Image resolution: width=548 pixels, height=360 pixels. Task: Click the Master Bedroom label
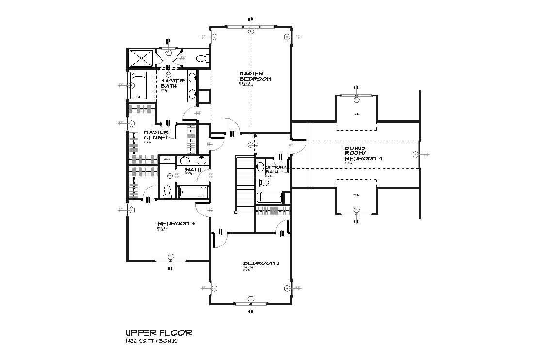click(x=255, y=76)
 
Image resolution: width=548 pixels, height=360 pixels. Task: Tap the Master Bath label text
click(x=172, y=83)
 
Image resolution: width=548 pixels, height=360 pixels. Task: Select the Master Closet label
click(x=156, y=135)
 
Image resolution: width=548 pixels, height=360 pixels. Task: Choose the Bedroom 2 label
click(x=261, y=263)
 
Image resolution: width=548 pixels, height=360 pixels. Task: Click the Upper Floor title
click(x=159, y=333)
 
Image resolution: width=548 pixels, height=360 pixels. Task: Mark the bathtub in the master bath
click(x=139, y=86)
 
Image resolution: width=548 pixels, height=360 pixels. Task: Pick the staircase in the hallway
click(x=244, y=183)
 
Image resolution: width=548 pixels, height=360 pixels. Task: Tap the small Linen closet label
click(x=166, y=159)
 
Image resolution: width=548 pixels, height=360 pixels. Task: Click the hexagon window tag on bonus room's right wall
click(x=415, y=154)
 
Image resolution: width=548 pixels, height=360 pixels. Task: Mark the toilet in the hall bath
click(x=167, y=192)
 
